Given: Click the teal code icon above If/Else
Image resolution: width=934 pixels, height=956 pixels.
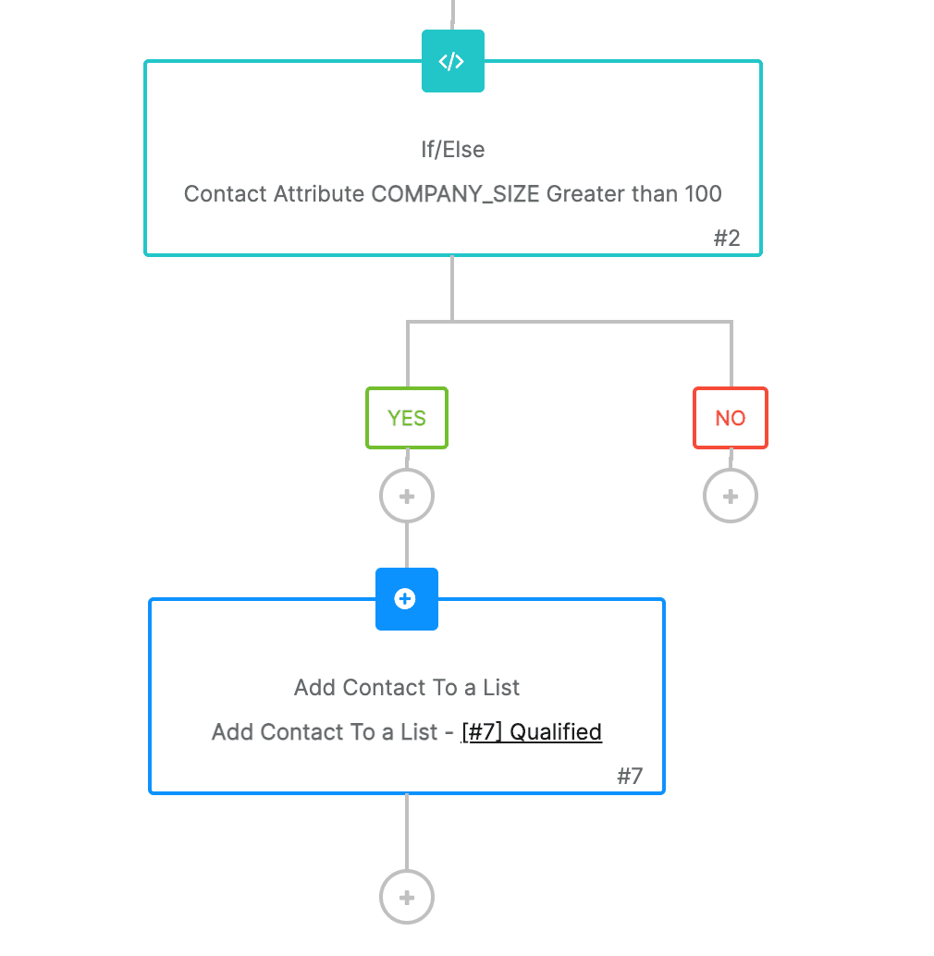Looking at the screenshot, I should (x=452, y=61).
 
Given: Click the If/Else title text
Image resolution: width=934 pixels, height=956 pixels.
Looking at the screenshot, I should (x=452, y=150).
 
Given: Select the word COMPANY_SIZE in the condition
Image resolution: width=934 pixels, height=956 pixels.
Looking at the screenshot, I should (x=455, y=194).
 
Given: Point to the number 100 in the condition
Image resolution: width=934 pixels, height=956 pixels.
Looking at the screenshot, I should (x=703, y=194).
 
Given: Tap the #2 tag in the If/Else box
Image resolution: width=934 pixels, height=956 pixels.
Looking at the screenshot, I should (x=727, y=238).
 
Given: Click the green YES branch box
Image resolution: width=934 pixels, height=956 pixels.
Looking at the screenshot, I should (x=407, y=418).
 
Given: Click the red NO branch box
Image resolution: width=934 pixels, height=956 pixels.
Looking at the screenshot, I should (x=730, y=418).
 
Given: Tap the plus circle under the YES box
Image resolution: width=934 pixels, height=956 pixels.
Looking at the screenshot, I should (x=407, y=496).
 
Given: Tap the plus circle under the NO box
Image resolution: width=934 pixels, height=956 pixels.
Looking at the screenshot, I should (x=730, y=496).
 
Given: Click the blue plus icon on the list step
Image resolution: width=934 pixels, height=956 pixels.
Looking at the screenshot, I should (x=406, y=599).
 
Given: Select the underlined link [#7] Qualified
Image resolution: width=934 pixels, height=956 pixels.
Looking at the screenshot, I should (x=532, y=732).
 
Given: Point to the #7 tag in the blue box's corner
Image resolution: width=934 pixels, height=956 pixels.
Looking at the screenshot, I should (x=630, y=776).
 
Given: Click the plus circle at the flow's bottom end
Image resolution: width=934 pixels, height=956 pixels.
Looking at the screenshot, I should (x=407, y=897).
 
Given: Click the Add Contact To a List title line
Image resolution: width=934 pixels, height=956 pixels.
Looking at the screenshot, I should (x=407, y=688).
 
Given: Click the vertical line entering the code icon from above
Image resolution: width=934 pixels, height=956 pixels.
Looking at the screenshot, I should (x=452, y=14).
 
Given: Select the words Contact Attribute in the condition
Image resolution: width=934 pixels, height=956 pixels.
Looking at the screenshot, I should (x=274, y=194).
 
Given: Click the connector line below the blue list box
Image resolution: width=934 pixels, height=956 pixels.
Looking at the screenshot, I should (x=407, y=832).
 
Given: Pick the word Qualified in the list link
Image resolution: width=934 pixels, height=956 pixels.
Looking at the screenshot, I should (x=556, y=732).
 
